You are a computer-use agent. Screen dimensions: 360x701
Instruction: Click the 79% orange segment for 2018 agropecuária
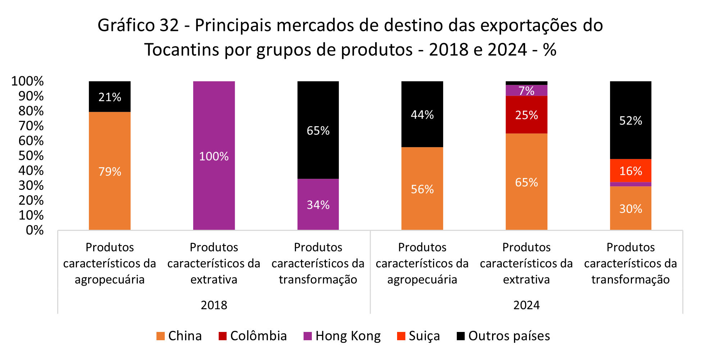pos(110,171)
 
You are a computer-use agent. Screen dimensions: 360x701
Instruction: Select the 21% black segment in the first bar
pos(110,97)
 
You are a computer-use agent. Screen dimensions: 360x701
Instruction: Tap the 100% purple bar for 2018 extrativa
pos(214,156)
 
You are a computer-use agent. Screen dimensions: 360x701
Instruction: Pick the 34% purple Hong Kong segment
pos(318,204)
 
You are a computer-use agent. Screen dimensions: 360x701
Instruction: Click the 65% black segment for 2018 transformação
pos(318,130)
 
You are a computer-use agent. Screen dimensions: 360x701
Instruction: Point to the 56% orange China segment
pos(422,189)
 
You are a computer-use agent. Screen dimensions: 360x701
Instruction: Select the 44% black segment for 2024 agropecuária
pos(422,114)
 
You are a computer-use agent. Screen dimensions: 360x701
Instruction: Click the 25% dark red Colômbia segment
pos(526,115)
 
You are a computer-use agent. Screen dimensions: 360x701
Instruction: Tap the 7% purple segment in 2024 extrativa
pos(526,91)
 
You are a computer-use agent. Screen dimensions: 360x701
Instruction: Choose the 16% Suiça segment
pos(631,171)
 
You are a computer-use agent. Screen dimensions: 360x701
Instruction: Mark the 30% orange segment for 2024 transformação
pos(631,209)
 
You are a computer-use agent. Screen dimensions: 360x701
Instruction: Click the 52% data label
pos(631,120)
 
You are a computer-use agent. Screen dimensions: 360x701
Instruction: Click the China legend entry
pos(179,336)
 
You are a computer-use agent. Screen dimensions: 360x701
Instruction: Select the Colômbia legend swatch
pos(223,336)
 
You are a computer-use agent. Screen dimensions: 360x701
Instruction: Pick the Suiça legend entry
pos(418,336)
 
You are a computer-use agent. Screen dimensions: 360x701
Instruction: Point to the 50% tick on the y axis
pos(31,156)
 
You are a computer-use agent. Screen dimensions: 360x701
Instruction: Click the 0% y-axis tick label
pos(35,230)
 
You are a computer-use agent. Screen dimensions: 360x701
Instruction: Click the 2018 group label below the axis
pos(214,305)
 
